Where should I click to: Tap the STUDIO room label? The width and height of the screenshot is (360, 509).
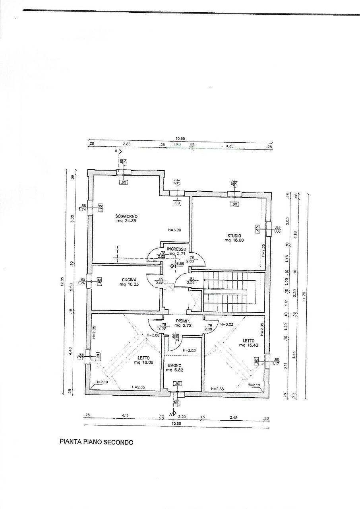tap(233, 235)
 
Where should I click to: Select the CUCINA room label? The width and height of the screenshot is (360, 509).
tap(128, 279)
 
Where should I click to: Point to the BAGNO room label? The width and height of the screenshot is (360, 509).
tap(174, 365)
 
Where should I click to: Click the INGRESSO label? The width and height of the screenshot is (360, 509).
tap(176, 249)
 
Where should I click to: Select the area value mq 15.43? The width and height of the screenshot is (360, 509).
tap(249, 346)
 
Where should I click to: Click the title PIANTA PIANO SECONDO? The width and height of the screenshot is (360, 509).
tap(97, 442)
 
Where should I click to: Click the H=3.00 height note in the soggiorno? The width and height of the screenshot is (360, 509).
tap(174, 230)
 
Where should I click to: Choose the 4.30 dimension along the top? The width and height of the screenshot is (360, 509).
tap(230, 146)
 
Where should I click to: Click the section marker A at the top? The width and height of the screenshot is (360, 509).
tap(116, 152)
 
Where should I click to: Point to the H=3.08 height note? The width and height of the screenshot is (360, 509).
tap(153, 335)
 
